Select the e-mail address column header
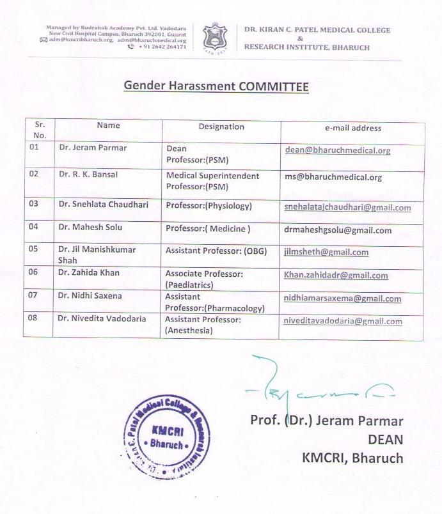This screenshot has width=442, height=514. [352, 128]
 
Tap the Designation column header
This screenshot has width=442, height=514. [221, 127]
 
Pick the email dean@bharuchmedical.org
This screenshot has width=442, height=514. [337, 151]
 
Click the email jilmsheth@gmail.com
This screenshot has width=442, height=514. [326, 252]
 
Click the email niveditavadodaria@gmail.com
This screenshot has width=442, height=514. [343, 322]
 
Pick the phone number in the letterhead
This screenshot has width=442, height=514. [161, 47]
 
